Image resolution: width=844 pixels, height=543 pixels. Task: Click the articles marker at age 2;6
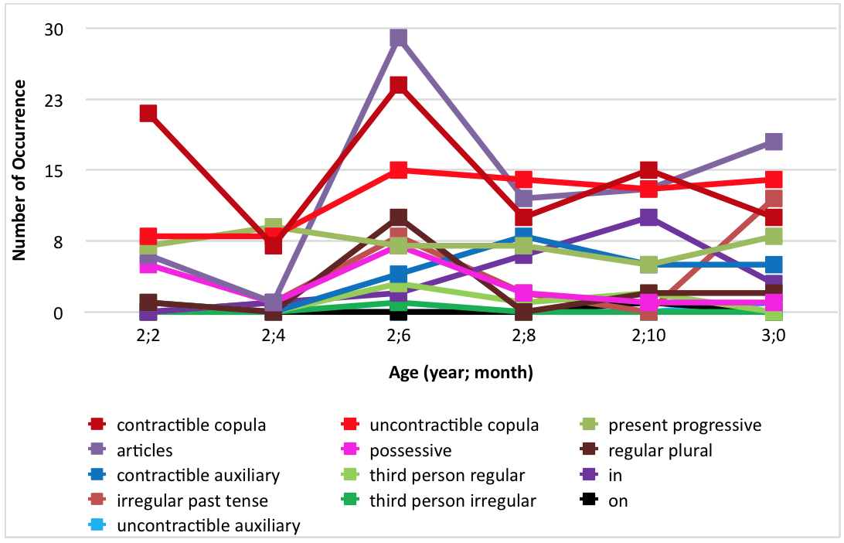pos(398,38)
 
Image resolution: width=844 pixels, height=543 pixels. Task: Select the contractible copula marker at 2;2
pos(148,113)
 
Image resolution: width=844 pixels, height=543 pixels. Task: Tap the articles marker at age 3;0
pos(774,142)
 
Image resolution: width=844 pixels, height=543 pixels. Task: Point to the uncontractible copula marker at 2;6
pos(398,170)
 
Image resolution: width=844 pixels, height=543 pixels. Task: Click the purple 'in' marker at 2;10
pos(648,217)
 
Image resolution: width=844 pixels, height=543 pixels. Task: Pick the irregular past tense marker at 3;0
pos(774,199)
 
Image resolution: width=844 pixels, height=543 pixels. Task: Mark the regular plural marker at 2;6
pos(398,217)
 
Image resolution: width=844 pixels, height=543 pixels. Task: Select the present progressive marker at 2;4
pos(274,227)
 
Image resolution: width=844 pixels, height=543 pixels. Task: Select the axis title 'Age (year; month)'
pos(461,374)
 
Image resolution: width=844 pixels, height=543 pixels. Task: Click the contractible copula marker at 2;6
pos(398,85)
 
